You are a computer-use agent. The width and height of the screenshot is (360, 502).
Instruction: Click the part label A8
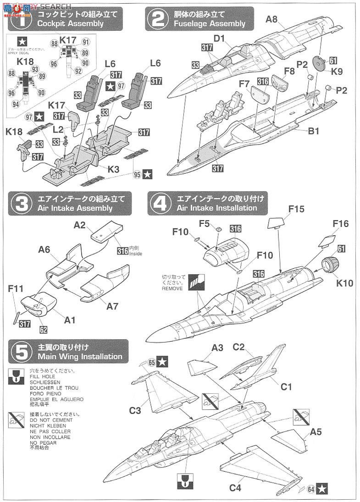pos(272,19)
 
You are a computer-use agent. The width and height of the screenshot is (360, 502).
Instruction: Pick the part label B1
pos(313,131)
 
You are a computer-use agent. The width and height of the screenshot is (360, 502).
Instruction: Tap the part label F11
pos(16,289)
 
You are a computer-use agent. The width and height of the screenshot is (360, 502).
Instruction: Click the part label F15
pos(297,209)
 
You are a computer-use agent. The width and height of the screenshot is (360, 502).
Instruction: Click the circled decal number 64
pos(312,489)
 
